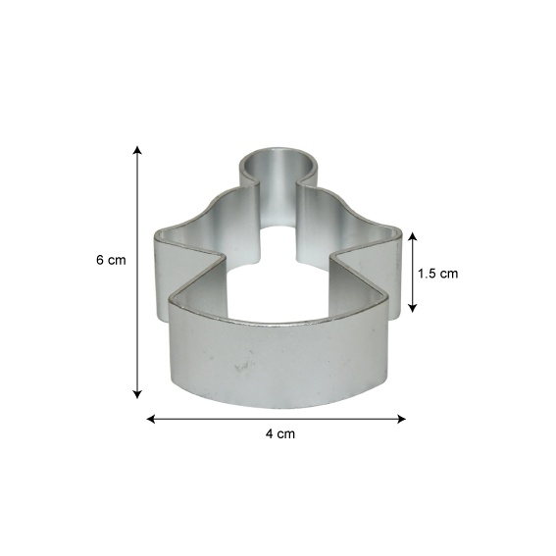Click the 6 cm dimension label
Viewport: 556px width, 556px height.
point(111,260)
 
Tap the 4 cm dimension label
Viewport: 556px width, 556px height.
point(280,433)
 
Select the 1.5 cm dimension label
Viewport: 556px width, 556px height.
point(437,274)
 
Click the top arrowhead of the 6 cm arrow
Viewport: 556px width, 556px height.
point(137,150)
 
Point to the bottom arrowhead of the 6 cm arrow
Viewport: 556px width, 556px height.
point(137,394)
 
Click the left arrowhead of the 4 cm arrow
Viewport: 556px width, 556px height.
point(151,419)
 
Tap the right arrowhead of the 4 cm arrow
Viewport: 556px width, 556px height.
point(401,419)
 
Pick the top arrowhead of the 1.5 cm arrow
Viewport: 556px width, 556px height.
point(412,237)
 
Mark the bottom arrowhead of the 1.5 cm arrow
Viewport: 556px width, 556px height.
point(412,308)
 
